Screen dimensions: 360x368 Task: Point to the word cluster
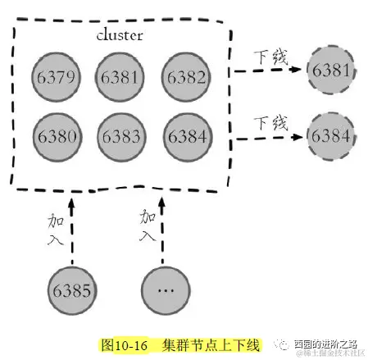[119, 37]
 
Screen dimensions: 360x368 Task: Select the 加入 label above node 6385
[58, 229]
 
